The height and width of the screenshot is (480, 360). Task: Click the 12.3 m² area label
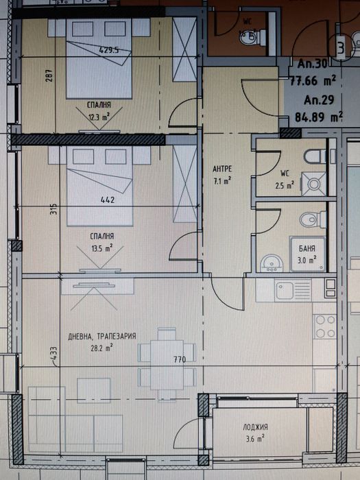[x=99, y=117]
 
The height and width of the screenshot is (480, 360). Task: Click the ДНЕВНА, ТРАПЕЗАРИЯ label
[x=102, y=337]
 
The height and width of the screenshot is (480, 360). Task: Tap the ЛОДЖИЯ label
[x=254, y=427]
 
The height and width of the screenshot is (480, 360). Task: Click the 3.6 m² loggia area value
[x=254, y=440]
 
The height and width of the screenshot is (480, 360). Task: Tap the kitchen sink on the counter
[x=284, y=293]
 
